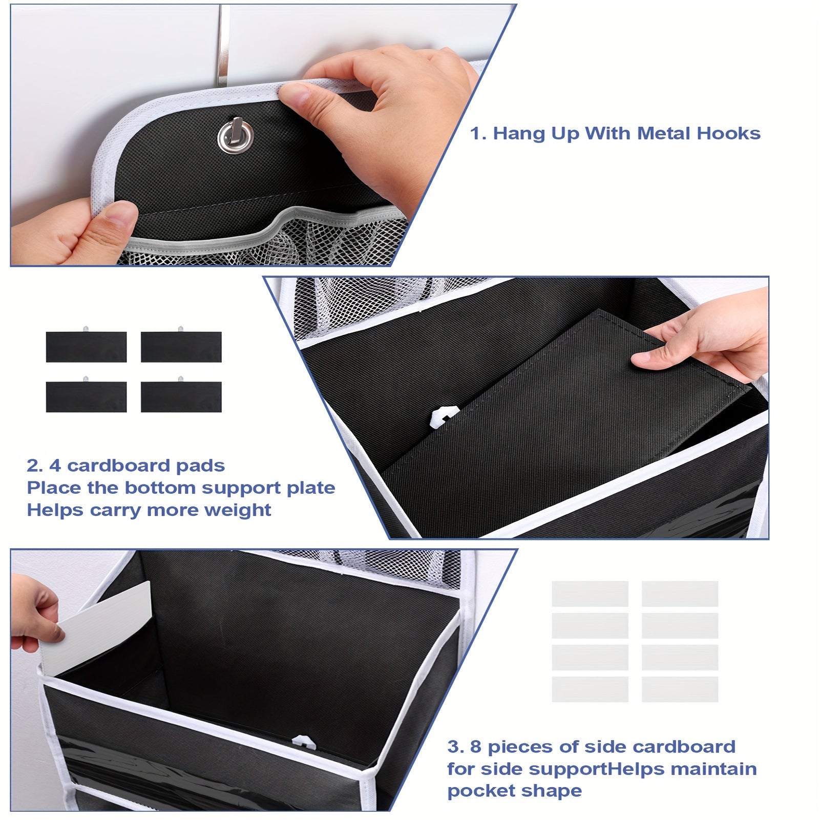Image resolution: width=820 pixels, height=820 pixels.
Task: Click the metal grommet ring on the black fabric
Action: pyautogui.click(x=235, y=136)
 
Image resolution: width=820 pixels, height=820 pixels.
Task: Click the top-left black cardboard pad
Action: pyautogui.click(x=86, y=347)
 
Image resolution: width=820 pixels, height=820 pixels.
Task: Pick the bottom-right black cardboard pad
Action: pyautogui.click(x=181, y=396)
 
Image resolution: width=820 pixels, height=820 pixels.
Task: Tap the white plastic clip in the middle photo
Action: pyautogui.click(x=444, y=416)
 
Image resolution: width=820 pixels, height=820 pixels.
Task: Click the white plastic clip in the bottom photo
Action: pyautogui.click(x=301, y=742)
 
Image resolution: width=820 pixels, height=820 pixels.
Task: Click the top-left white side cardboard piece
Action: pyautogui.click(x=590, y=593)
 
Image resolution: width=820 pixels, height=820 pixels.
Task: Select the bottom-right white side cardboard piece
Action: pyautogui.click(x=680, y=689)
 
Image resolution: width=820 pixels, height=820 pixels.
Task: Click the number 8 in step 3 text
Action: pyautogui.click(x=475, y=747)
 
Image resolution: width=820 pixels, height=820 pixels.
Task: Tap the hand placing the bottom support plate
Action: pyautogui.click(x=707, y=338)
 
